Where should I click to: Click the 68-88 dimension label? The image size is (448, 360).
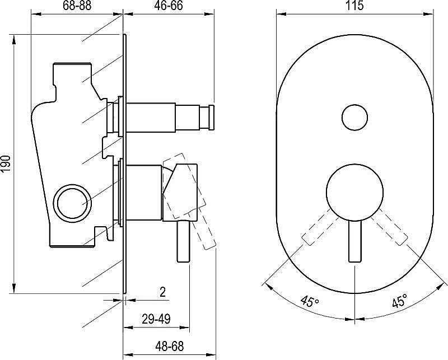point(77,6)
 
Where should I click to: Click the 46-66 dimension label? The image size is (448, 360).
point(169,6)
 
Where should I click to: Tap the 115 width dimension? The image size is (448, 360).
point(355,6)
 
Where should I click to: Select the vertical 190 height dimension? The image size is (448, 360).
point(6,163)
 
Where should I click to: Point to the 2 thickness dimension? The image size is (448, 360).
point(162,292)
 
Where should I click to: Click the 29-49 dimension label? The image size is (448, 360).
point(156,319)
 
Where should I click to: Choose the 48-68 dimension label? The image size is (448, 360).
point(170,347)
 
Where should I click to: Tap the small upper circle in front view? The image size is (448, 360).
point(355,118)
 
